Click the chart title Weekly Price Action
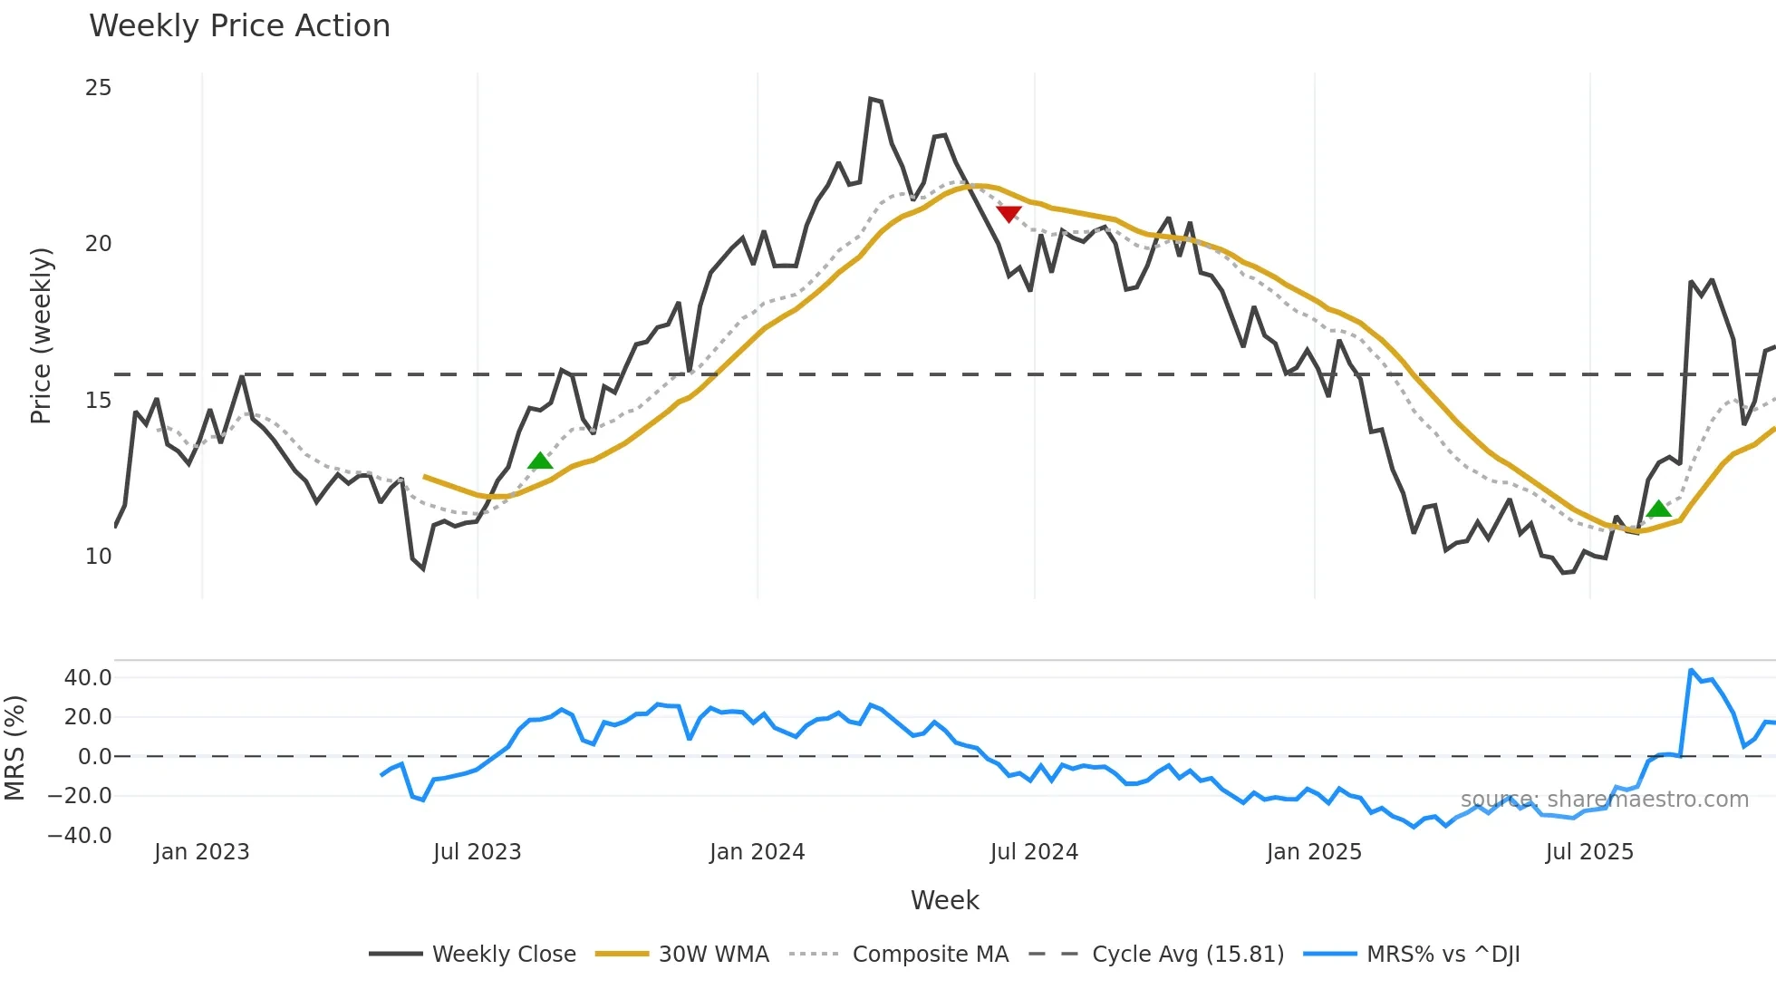239,26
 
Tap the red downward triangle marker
1009,214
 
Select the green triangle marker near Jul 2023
540,461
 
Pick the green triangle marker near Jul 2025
1658,509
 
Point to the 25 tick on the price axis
98,88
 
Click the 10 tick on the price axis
98,557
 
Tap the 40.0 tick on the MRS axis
88,678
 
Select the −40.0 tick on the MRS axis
80,836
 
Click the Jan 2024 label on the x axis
757,852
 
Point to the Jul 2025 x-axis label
1589,852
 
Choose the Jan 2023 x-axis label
201,852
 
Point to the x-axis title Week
944,900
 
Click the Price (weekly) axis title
42,335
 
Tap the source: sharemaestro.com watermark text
1604,800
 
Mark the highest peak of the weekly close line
871,99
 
